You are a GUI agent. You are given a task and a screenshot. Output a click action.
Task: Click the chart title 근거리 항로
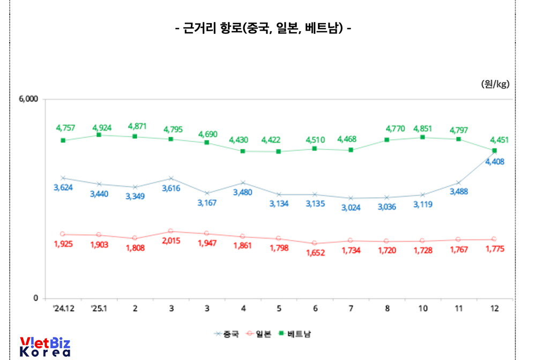pos(263,28)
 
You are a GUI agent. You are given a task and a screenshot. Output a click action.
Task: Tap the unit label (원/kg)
pos(495,84)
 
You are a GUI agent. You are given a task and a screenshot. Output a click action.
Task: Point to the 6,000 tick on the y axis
pos(28,99)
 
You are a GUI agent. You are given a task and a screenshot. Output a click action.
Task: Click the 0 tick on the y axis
pos(35,298)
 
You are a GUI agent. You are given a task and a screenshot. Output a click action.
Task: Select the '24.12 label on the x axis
pos(63,309)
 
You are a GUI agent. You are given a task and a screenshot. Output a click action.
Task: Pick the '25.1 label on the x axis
pos(99,309)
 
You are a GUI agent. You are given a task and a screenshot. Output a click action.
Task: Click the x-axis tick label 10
pos(422,309)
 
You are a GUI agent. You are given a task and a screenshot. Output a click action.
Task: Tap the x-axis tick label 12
pos(494,309)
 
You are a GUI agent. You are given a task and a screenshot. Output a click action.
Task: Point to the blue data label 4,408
pos(495,161)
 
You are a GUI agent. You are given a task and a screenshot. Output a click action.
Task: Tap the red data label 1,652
pos(315,253)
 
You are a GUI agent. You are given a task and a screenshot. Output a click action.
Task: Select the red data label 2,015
pos(171,241)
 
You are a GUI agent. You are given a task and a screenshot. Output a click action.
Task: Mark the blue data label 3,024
pos(351,207)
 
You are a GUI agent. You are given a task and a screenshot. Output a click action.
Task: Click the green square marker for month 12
pos(494,151)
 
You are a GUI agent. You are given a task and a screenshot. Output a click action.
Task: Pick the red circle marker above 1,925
pos(63,234)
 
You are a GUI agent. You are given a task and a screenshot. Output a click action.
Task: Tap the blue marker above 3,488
pos(458,183)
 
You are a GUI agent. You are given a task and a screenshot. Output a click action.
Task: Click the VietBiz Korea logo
pos(45,347)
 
